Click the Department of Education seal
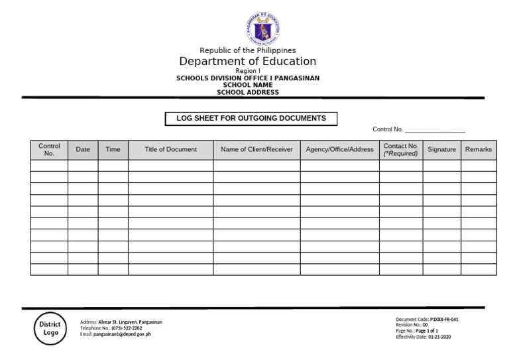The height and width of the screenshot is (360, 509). point(263,29)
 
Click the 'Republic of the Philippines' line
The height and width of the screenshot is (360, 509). point(248,50)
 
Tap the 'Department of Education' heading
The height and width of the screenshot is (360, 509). point(248,62)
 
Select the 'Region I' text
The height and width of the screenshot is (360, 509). point(248,71)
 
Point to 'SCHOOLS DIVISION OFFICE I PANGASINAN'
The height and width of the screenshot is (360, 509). point(248,78)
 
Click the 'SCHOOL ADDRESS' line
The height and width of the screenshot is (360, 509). point(248,92)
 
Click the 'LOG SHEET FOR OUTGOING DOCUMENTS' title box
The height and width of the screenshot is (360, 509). point(251,119)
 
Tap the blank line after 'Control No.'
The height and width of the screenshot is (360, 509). point(435,130)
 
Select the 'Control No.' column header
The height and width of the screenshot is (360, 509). point(49,150)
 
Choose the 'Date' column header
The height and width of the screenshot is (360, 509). point(83,150)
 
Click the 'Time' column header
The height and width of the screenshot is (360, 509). point(113,150)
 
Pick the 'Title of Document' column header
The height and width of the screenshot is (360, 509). point(170,150)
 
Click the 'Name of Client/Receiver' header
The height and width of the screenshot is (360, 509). point(256,150)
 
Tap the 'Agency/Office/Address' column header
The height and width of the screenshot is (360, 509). point(339,150)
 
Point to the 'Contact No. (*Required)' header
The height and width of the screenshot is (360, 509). point(401,150)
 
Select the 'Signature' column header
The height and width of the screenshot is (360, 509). point(441,150)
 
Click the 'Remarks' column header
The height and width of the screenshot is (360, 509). point(479,150)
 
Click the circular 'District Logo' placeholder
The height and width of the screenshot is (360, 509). point(50,328)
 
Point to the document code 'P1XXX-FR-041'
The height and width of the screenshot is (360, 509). point(444,319)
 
